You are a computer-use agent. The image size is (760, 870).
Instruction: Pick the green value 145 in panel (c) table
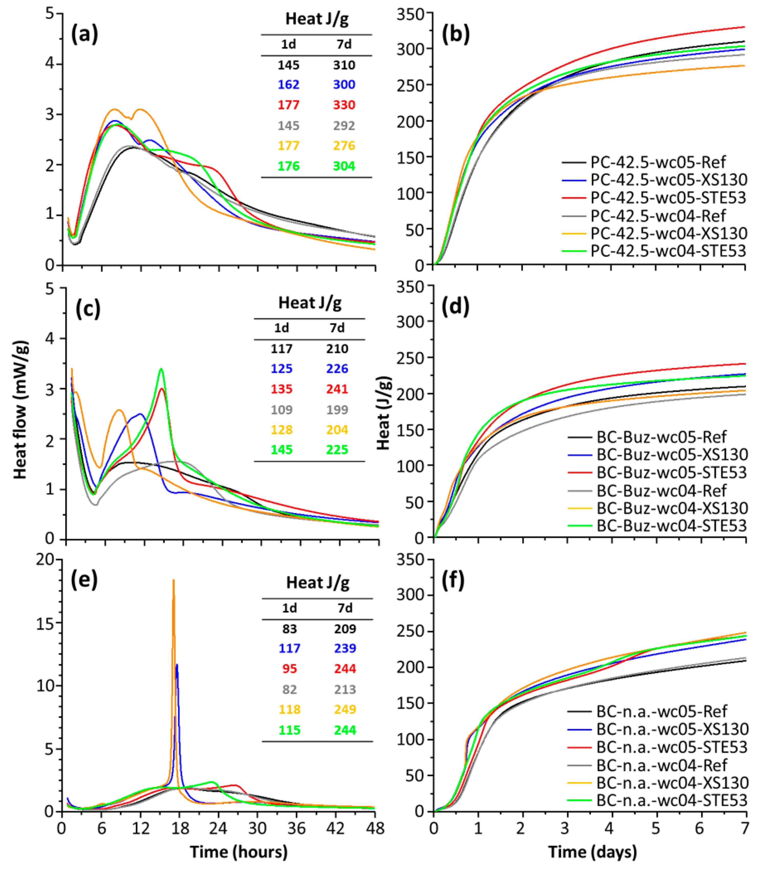pyautogui.click(x=282, y=450)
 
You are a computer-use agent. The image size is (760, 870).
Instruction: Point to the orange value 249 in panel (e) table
pyautogui.click(x=345, y=709)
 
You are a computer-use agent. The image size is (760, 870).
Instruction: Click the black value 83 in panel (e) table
pyautogui.click(x=289, y=629)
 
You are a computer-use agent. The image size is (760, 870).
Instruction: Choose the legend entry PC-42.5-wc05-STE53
pyautogui.click(x=668, y=198)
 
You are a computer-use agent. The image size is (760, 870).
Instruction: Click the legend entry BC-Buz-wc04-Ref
pyautogui.click(x=662, y=490)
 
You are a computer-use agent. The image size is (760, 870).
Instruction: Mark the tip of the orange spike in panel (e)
pyautogui.click(x=173, y=580)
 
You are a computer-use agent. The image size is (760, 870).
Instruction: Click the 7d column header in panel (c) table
pyautogui.click(x=337, y=328)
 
